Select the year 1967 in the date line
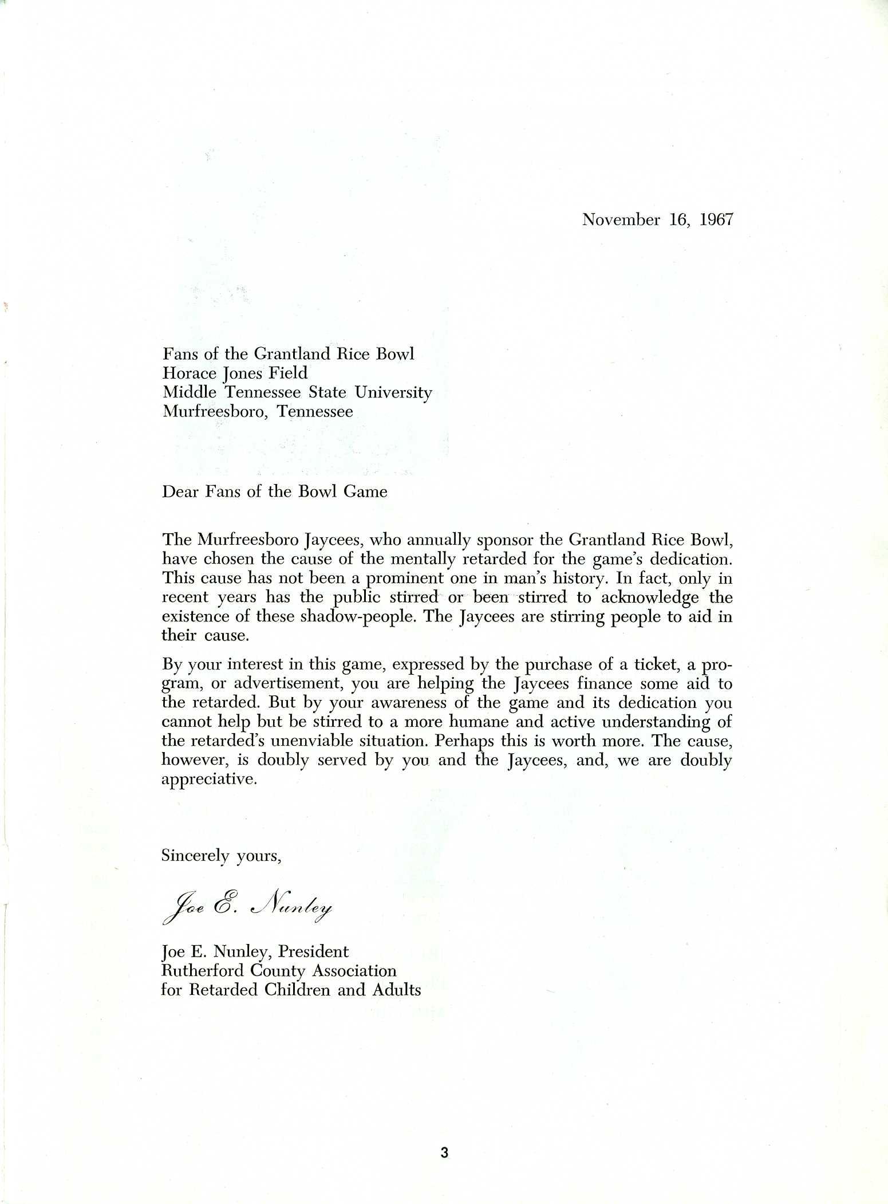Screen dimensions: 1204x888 pyautogui.click(x=716, y=220)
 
